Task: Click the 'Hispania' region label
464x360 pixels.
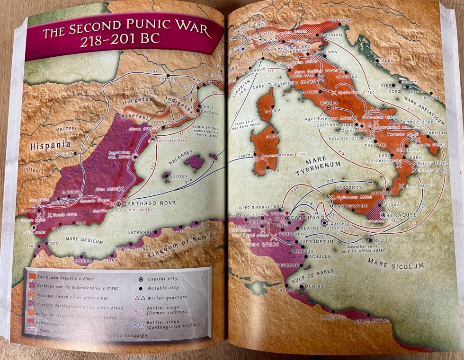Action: pos(51,145)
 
